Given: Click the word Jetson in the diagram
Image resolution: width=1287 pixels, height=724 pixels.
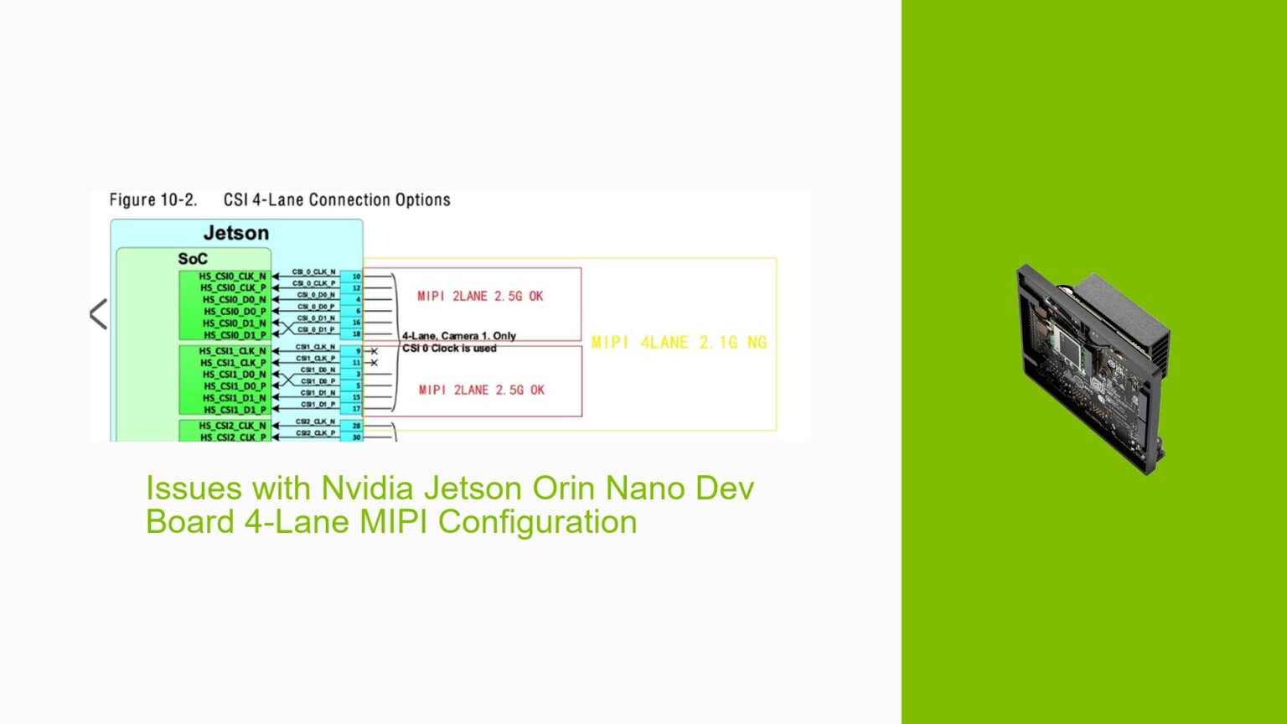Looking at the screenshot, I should (236, 233).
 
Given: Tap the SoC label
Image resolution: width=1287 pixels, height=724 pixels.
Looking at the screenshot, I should (193, 259).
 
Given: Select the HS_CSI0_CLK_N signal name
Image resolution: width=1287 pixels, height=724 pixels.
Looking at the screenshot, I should (232, 277).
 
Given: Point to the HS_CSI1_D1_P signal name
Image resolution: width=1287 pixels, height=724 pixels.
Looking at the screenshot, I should (234, 410).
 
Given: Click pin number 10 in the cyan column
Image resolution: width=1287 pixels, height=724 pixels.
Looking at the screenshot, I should (356, 277).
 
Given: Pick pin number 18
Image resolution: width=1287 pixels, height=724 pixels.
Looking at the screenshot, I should (356, 334).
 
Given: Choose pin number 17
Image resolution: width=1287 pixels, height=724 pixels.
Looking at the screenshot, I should (356, 409).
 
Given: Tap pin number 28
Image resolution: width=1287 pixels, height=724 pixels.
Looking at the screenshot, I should (356, 426).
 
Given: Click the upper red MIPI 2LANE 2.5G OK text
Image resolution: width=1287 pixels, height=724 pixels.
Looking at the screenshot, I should (480, 296).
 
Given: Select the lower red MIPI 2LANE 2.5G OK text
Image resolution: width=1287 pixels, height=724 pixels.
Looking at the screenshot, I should (481, 390).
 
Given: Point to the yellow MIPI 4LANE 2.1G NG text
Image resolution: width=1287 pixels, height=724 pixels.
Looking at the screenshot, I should (679, 342).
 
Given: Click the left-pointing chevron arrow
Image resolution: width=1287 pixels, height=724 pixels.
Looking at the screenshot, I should (98, 315).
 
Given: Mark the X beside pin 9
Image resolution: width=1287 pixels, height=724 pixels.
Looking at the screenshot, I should (374, 351).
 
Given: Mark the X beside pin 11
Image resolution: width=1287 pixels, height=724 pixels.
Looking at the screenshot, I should (374, 363).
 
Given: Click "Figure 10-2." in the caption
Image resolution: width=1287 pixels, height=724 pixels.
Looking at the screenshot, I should (153, 200).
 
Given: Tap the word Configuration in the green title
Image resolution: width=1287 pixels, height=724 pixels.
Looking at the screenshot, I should (537, 521).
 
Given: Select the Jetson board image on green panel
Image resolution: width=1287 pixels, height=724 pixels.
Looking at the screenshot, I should (1093, 368).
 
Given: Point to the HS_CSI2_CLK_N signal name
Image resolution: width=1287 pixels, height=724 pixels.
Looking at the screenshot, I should (232, 426).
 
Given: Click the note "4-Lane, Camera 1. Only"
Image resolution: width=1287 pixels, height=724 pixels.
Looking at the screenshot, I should (459, 336).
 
